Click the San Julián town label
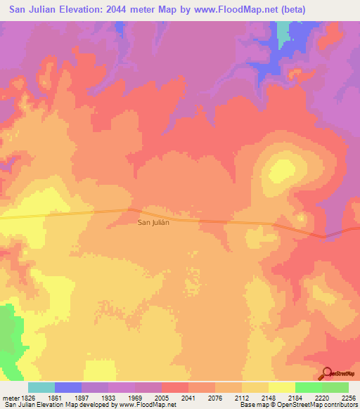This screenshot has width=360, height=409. click(x=153, y=223)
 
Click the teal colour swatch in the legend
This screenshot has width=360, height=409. click(x=41, y=387)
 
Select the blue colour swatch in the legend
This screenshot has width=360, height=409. click(x=68, y=387)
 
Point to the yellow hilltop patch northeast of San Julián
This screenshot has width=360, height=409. click(x=283, y=169)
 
